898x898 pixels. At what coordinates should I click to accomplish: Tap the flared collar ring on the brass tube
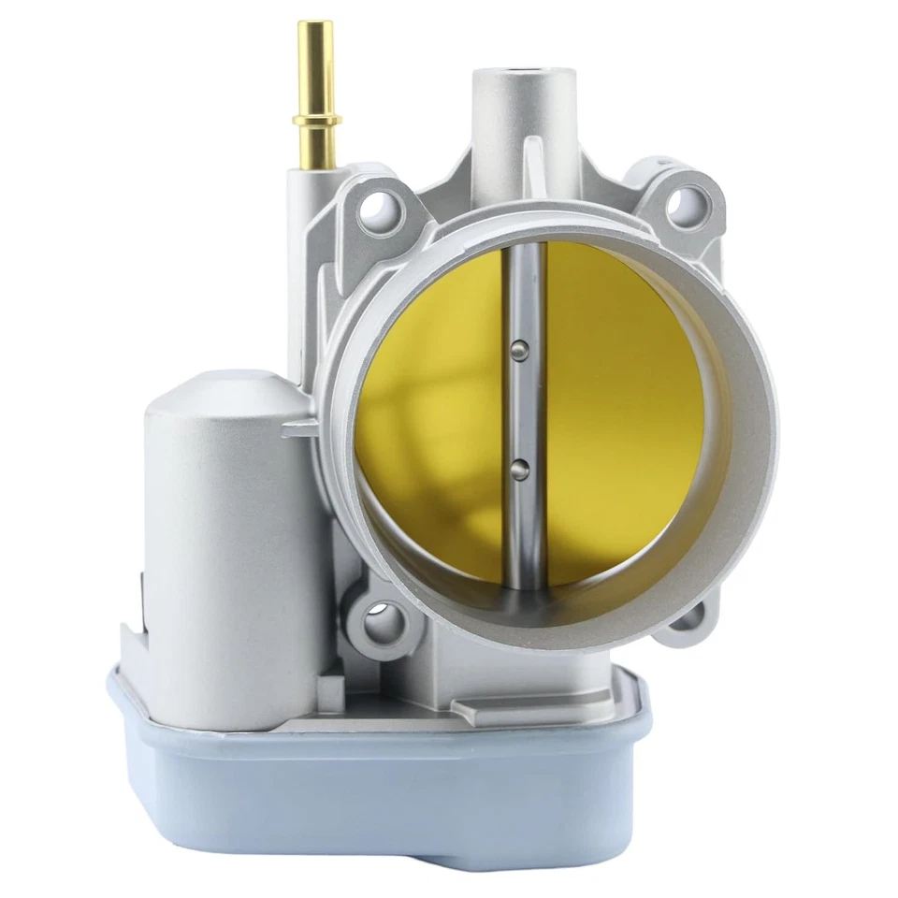(316, 120)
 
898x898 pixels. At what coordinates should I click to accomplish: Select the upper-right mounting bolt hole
(690, 199)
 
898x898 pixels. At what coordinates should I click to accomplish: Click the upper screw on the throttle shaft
(520, 350)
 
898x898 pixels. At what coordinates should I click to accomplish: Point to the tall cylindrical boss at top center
(520, 122)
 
